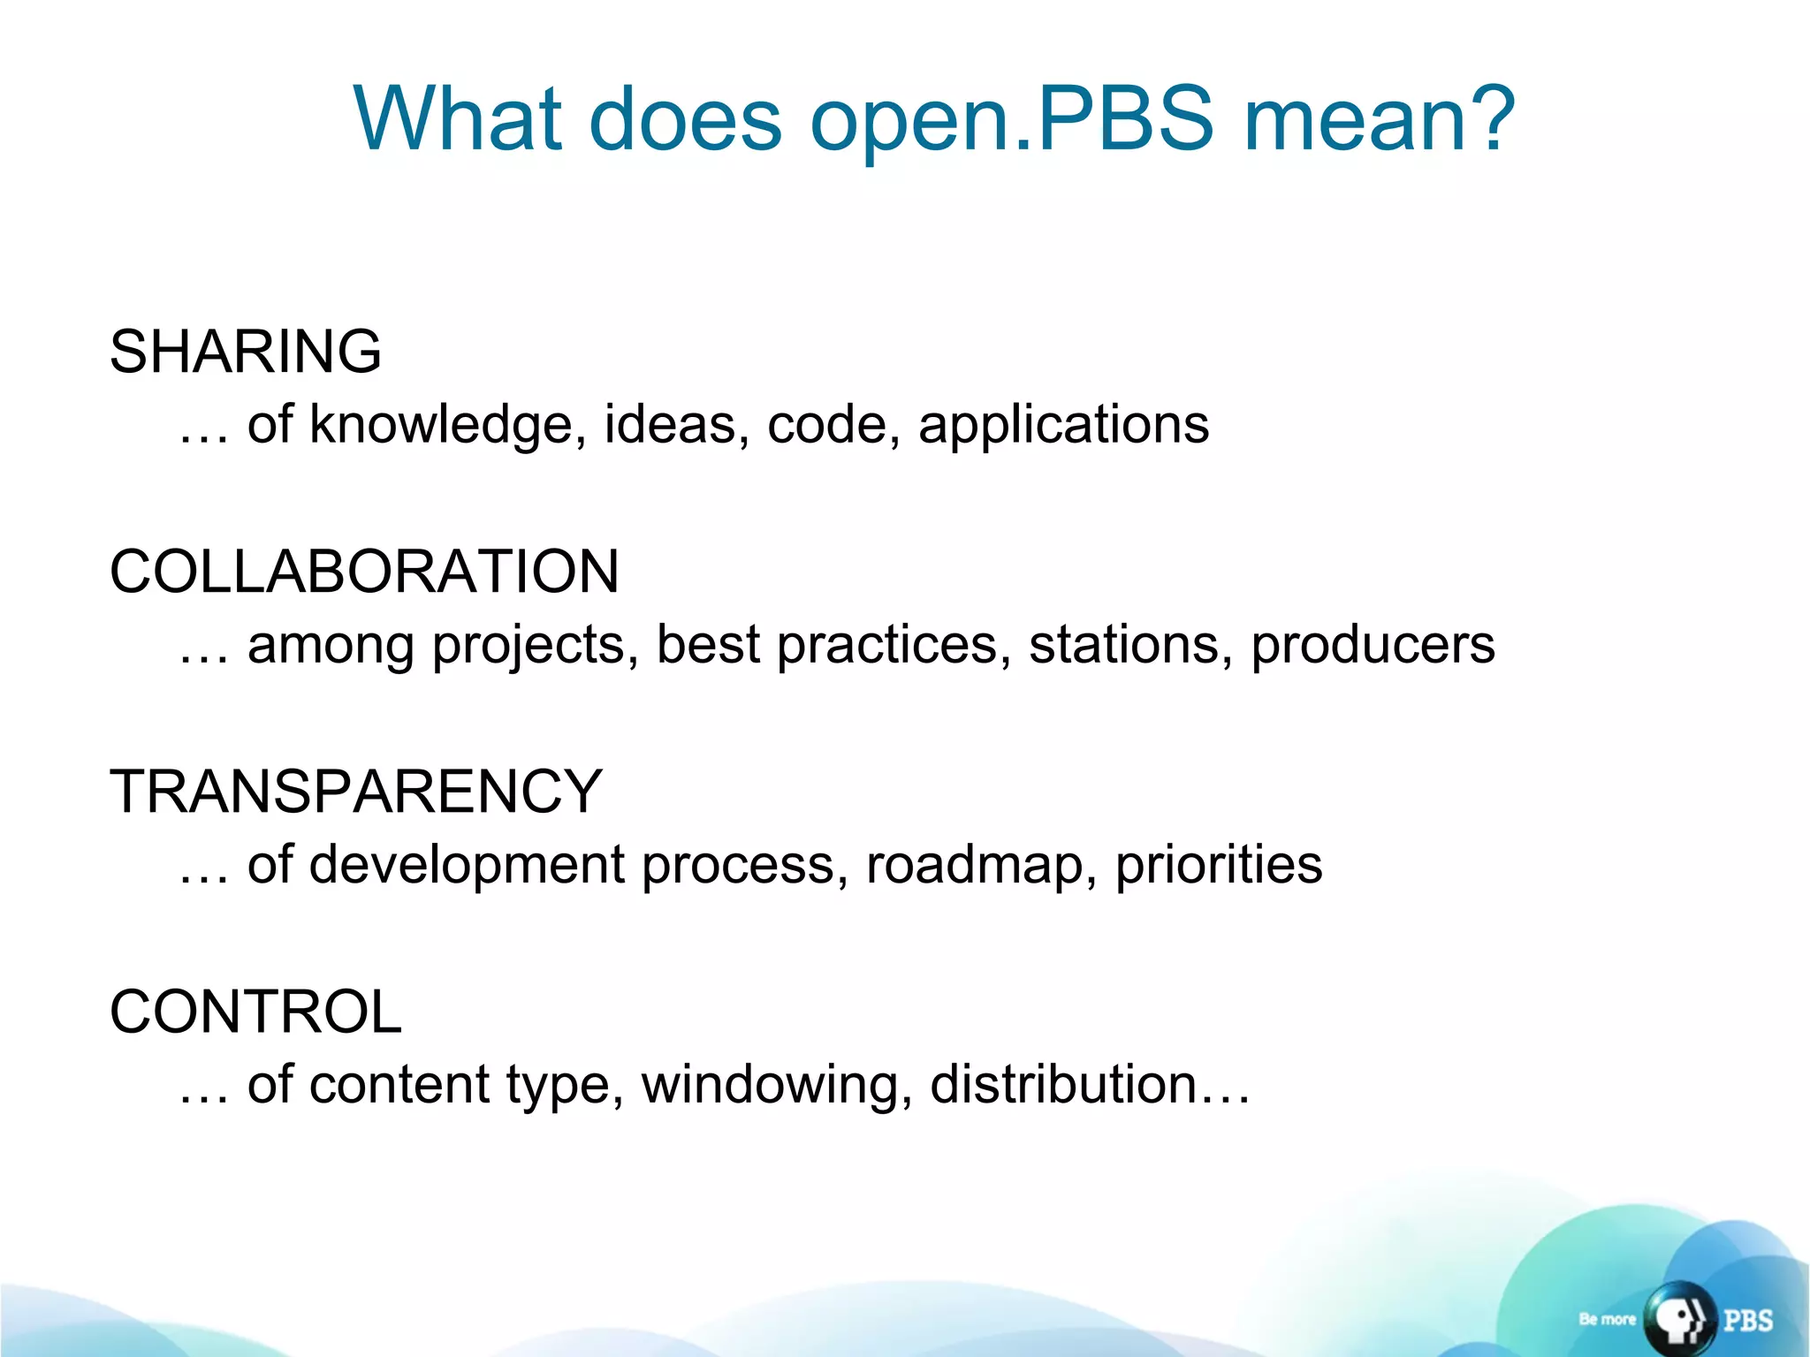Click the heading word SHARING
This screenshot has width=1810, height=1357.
[246, 352]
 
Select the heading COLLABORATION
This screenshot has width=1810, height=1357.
[364, 572]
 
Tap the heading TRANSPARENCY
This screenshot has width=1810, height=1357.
[355, 792]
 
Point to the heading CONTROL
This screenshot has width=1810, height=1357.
[255, 1012]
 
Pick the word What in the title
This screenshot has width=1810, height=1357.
[458, 119]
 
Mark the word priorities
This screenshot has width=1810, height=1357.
[1219, 865]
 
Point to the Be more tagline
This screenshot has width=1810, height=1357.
[1607, 1319]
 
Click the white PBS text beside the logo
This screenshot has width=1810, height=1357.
[1747, 1320]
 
